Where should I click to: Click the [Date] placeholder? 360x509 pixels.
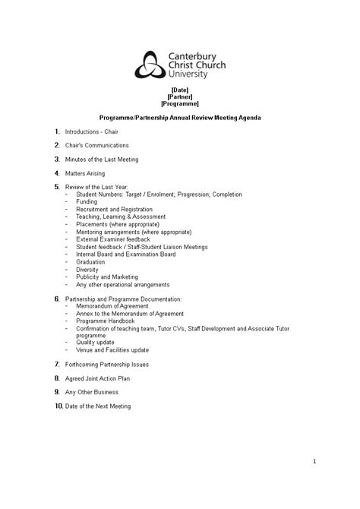pos(180,90)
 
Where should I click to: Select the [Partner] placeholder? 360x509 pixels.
pos(180,96)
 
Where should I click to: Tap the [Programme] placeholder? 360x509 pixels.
pos(180,103)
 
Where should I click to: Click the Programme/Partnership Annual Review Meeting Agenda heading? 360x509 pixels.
pos(180,118)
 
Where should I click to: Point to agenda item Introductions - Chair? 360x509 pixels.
pos(91,131)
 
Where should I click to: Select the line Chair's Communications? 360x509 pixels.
pos(97,145)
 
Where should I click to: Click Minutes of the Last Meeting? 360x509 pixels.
pos(102,160)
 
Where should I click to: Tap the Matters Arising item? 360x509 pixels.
pos(85,173)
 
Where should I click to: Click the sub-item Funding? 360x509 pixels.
pos(87,202)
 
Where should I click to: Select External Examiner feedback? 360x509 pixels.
pos(113,239)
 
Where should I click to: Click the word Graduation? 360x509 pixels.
pos(92,262)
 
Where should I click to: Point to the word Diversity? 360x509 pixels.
pos(87,270)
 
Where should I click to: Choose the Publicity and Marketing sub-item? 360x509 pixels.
pos(107,277)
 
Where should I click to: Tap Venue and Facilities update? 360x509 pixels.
pos(112,350)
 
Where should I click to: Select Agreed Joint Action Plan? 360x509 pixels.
pos(98,378)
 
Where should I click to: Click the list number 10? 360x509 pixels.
pos(58,406)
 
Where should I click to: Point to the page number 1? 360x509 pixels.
pos(314,461)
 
